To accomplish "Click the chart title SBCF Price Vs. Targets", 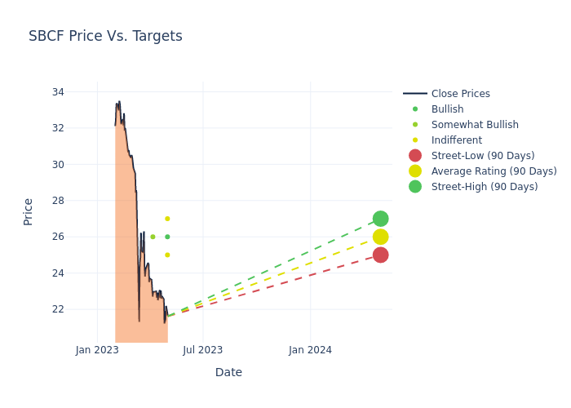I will tap(105, 36).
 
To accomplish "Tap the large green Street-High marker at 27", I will tap(380, 219).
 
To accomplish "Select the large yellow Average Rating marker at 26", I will tap(380, 237).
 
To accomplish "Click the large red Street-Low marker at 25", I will tap(380, 255).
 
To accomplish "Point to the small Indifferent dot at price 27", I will tap(167, 219).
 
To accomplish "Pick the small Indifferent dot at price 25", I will tap(167, 255).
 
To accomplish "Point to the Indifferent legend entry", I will tap(456, 140).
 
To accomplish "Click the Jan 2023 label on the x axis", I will tap(97, 350).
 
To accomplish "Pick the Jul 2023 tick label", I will tap(203, 350).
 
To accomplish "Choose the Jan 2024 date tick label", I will tap(310, 350).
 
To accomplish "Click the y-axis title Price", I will tap(29, 211).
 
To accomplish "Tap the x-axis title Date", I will tap(228, 372).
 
